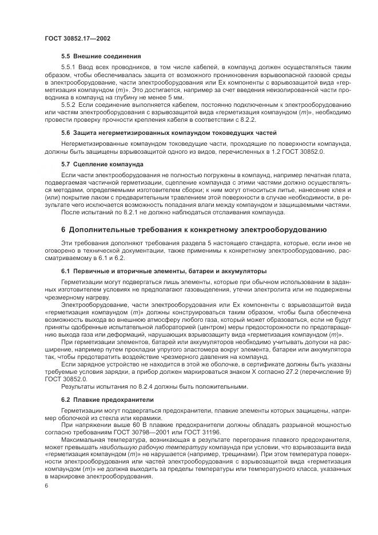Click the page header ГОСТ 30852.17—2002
click(77, 38)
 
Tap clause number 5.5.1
click(69, 67)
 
